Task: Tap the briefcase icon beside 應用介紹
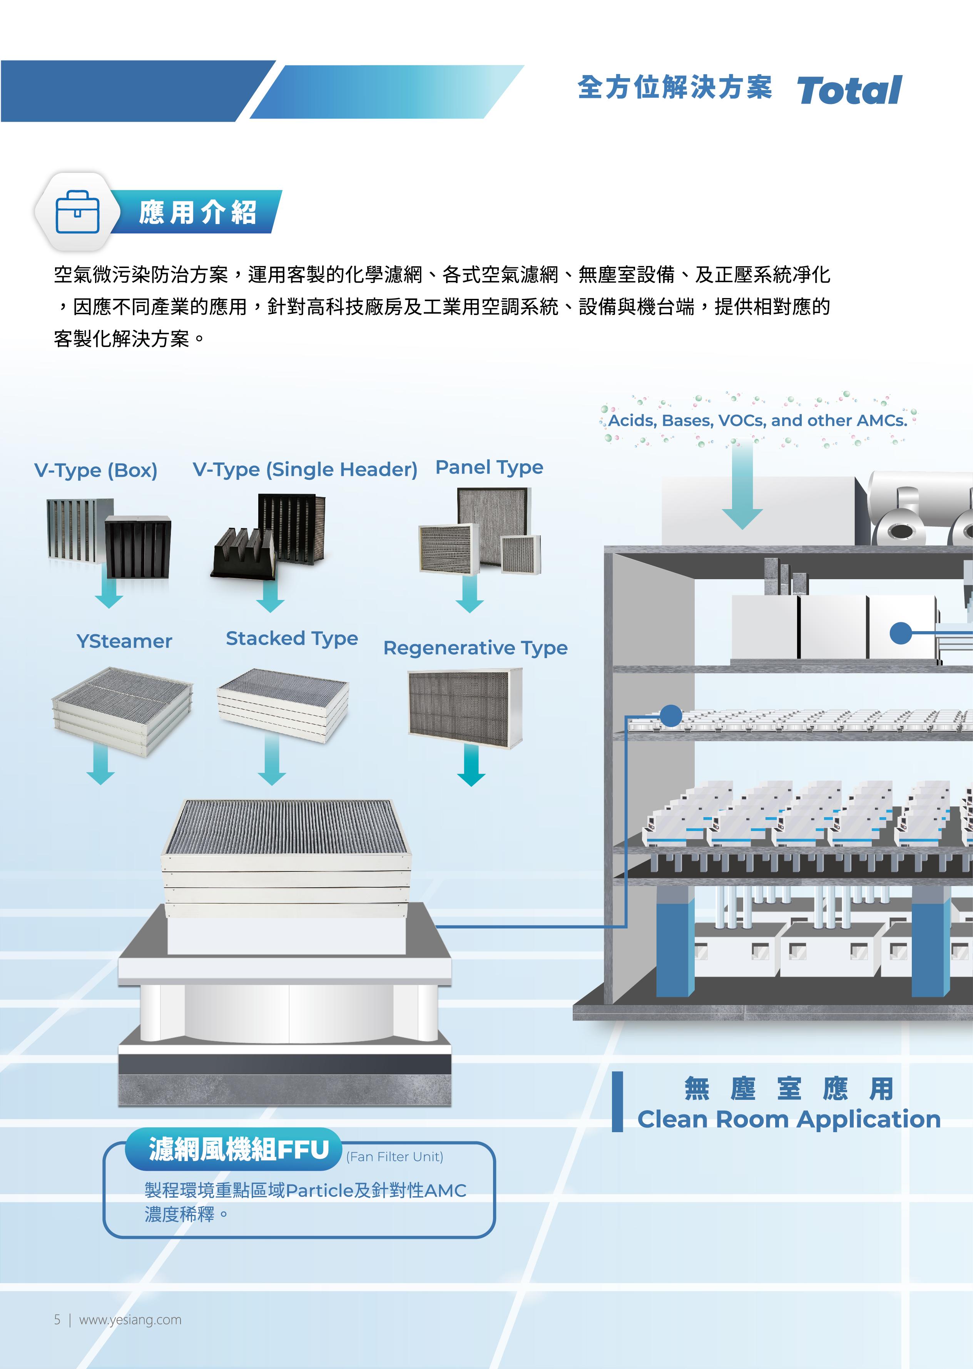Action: [x=77, y=211]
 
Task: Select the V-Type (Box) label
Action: [x=96, y=471]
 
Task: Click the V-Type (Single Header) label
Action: [x=305, y=469]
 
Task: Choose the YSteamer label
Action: [x=124, y=641]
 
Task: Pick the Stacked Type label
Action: [x=292, y=639]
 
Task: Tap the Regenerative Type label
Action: [x=475, y=648]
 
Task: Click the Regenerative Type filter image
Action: [x=465, y=709]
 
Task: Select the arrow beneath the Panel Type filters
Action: [x=469, y=595]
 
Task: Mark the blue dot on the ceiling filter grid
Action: [x=670, y=715]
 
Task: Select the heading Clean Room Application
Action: [x=789, y=1119]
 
